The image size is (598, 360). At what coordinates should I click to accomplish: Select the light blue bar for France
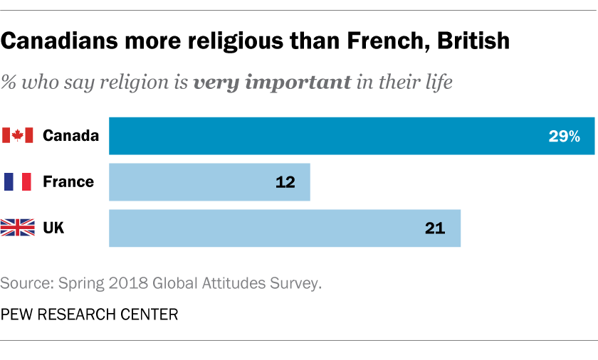pyautogui.click(x=209, y=182)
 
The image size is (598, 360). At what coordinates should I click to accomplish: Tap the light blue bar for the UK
pyautogui.click(x=285, y=228)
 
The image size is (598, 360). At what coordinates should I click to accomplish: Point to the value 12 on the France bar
pyautogui.click(x=285, y=182)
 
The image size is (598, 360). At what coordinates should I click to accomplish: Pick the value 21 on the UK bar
pyautogui.click(x=434, y=228)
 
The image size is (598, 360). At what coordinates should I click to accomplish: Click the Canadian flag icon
pyautogui.click(x=18, y=136)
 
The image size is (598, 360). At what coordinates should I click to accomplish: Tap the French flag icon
pyautogui.click(x=18, y=182)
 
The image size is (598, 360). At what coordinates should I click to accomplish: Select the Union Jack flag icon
pyautogui.click(x=18, y=228)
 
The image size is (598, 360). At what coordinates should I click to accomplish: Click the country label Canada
pyautogui.click(x=70, y=136)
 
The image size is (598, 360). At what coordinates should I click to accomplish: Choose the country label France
pyautogui.click(x=68, y=182)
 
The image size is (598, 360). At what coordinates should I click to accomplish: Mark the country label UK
pyautogui.click(x=53, y=228)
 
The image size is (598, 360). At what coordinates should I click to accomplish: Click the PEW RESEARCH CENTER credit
pyautogui.click(x=89, y=314)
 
